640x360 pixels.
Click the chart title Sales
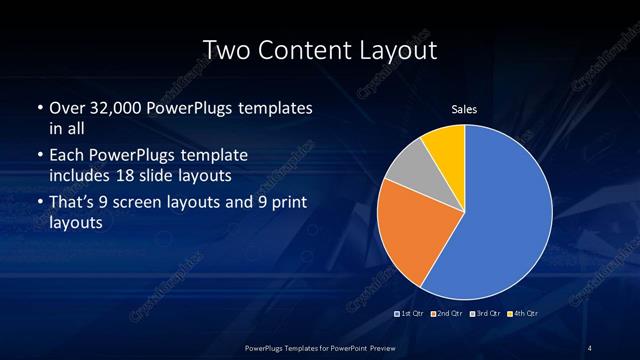click(464, 108)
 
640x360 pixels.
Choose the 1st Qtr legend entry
click(413, 314)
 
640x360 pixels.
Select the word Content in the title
click(305, 50)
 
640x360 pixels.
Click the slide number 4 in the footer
click(590, 347)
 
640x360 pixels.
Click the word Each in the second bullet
click(67, 157)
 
